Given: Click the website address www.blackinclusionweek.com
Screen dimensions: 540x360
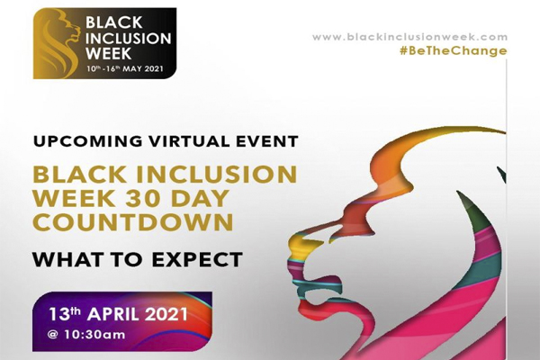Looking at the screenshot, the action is (409, 37).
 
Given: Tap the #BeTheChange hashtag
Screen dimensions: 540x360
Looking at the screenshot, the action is (454, 51).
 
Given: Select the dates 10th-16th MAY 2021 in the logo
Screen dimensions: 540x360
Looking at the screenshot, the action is (125, 68).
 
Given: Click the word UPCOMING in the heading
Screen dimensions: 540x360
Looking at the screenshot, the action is (88, 141).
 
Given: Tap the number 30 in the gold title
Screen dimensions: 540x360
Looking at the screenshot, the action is (139, 198).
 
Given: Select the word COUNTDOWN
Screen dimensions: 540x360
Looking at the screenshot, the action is (133, 222).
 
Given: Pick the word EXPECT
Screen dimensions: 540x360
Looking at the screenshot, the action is (197, 259).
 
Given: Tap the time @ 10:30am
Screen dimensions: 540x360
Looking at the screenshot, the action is (86, 335).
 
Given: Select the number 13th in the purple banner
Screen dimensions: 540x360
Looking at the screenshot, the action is (65, 314).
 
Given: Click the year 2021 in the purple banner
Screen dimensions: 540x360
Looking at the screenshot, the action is (166, 314).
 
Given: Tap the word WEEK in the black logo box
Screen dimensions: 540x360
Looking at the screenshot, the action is (108, 53).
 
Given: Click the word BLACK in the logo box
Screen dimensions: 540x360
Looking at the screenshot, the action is (113, 22).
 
